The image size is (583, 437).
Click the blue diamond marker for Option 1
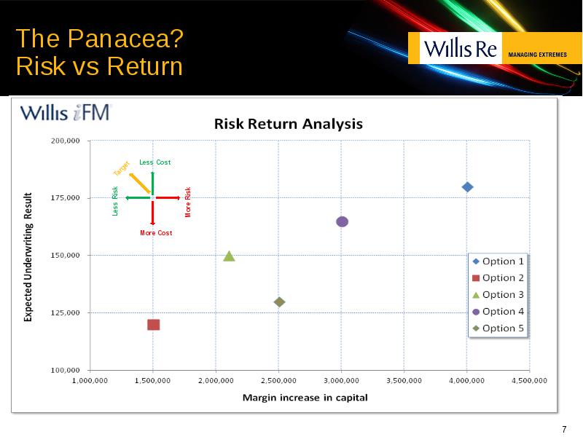tap(467, 187)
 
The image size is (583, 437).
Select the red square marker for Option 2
tap(154, 325)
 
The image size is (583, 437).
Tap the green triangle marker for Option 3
tap(229, 256)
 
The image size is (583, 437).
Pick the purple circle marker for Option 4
tap(342, 221)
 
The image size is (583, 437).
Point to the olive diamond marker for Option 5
tap(279, 302)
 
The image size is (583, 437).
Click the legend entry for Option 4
tap(498, 312)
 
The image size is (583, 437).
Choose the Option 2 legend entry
tap(498, 278)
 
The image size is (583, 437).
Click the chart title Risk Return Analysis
tap(288, 124)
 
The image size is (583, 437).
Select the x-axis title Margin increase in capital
tap(305, 398)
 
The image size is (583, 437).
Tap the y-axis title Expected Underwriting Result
tap(28, 257)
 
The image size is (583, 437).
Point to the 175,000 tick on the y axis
tap(66, 197)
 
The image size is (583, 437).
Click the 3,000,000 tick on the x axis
tap(341, 380)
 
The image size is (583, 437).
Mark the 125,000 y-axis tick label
tap(66, 312)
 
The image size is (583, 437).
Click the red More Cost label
tap(156, 233)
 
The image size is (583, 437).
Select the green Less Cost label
tap(155, 162)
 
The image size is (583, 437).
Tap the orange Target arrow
tap(140, 184)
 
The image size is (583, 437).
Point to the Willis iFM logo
tap(66, 113)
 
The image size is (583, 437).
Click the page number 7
tap(564, 429)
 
